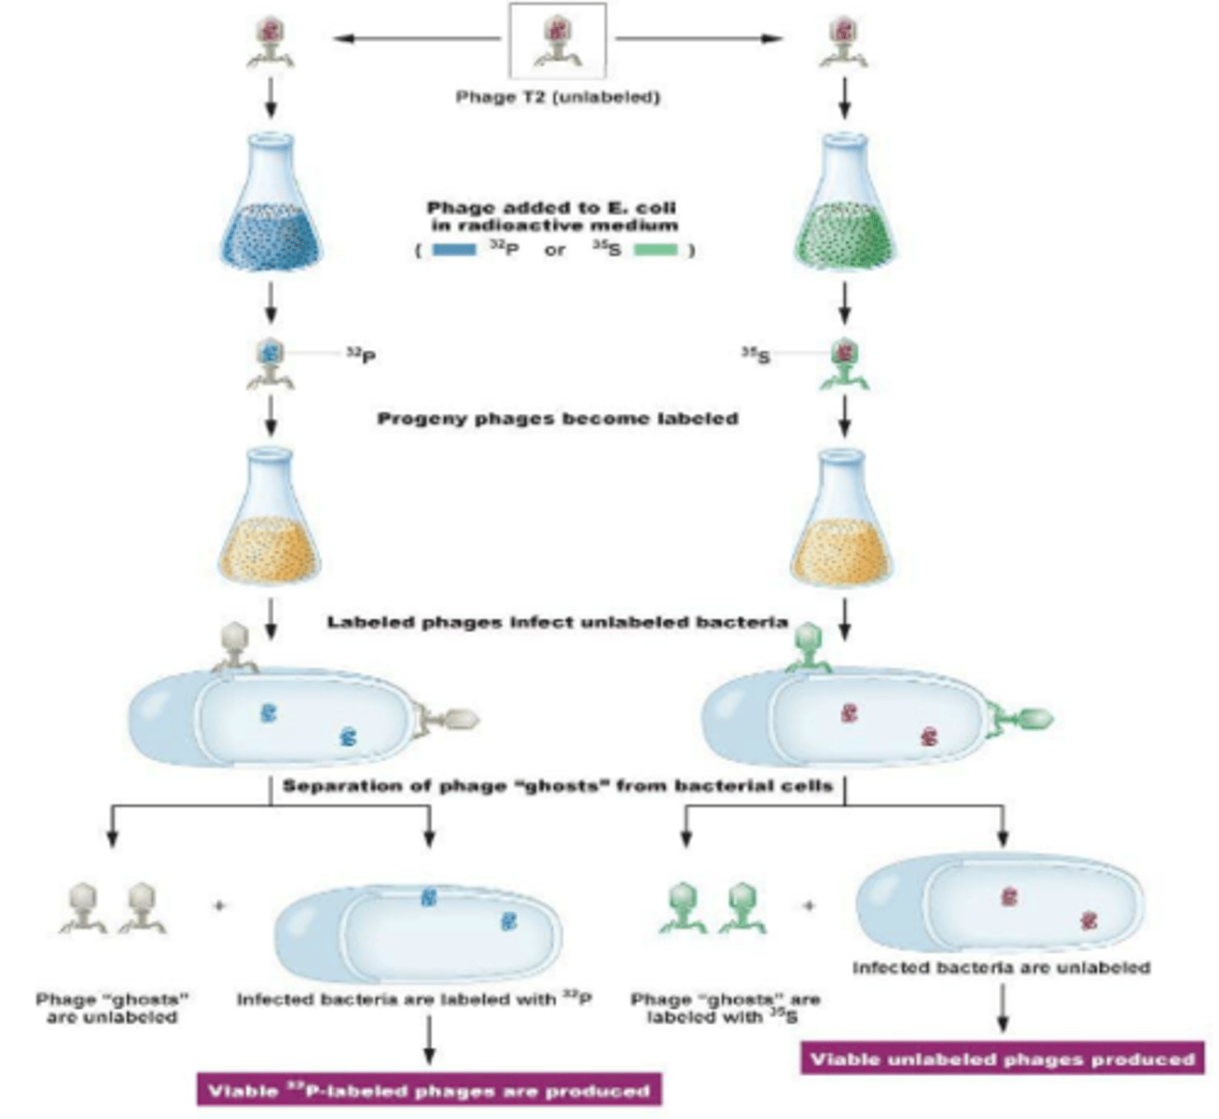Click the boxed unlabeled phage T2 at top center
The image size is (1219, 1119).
557,41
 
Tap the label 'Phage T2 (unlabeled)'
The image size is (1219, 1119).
557,97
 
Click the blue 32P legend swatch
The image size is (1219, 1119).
455,250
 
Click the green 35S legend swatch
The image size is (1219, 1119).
656,250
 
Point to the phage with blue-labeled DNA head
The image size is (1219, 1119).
270,362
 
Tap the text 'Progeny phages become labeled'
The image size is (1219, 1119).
557,419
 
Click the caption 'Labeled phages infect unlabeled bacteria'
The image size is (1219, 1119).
557,622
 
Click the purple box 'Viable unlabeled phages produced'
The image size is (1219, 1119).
1002,1058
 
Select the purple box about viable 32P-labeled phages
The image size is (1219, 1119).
429,1090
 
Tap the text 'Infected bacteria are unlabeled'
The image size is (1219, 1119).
1001,968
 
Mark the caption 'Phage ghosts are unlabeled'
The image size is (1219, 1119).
113,1008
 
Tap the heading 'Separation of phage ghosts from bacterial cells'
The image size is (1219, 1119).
557,785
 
